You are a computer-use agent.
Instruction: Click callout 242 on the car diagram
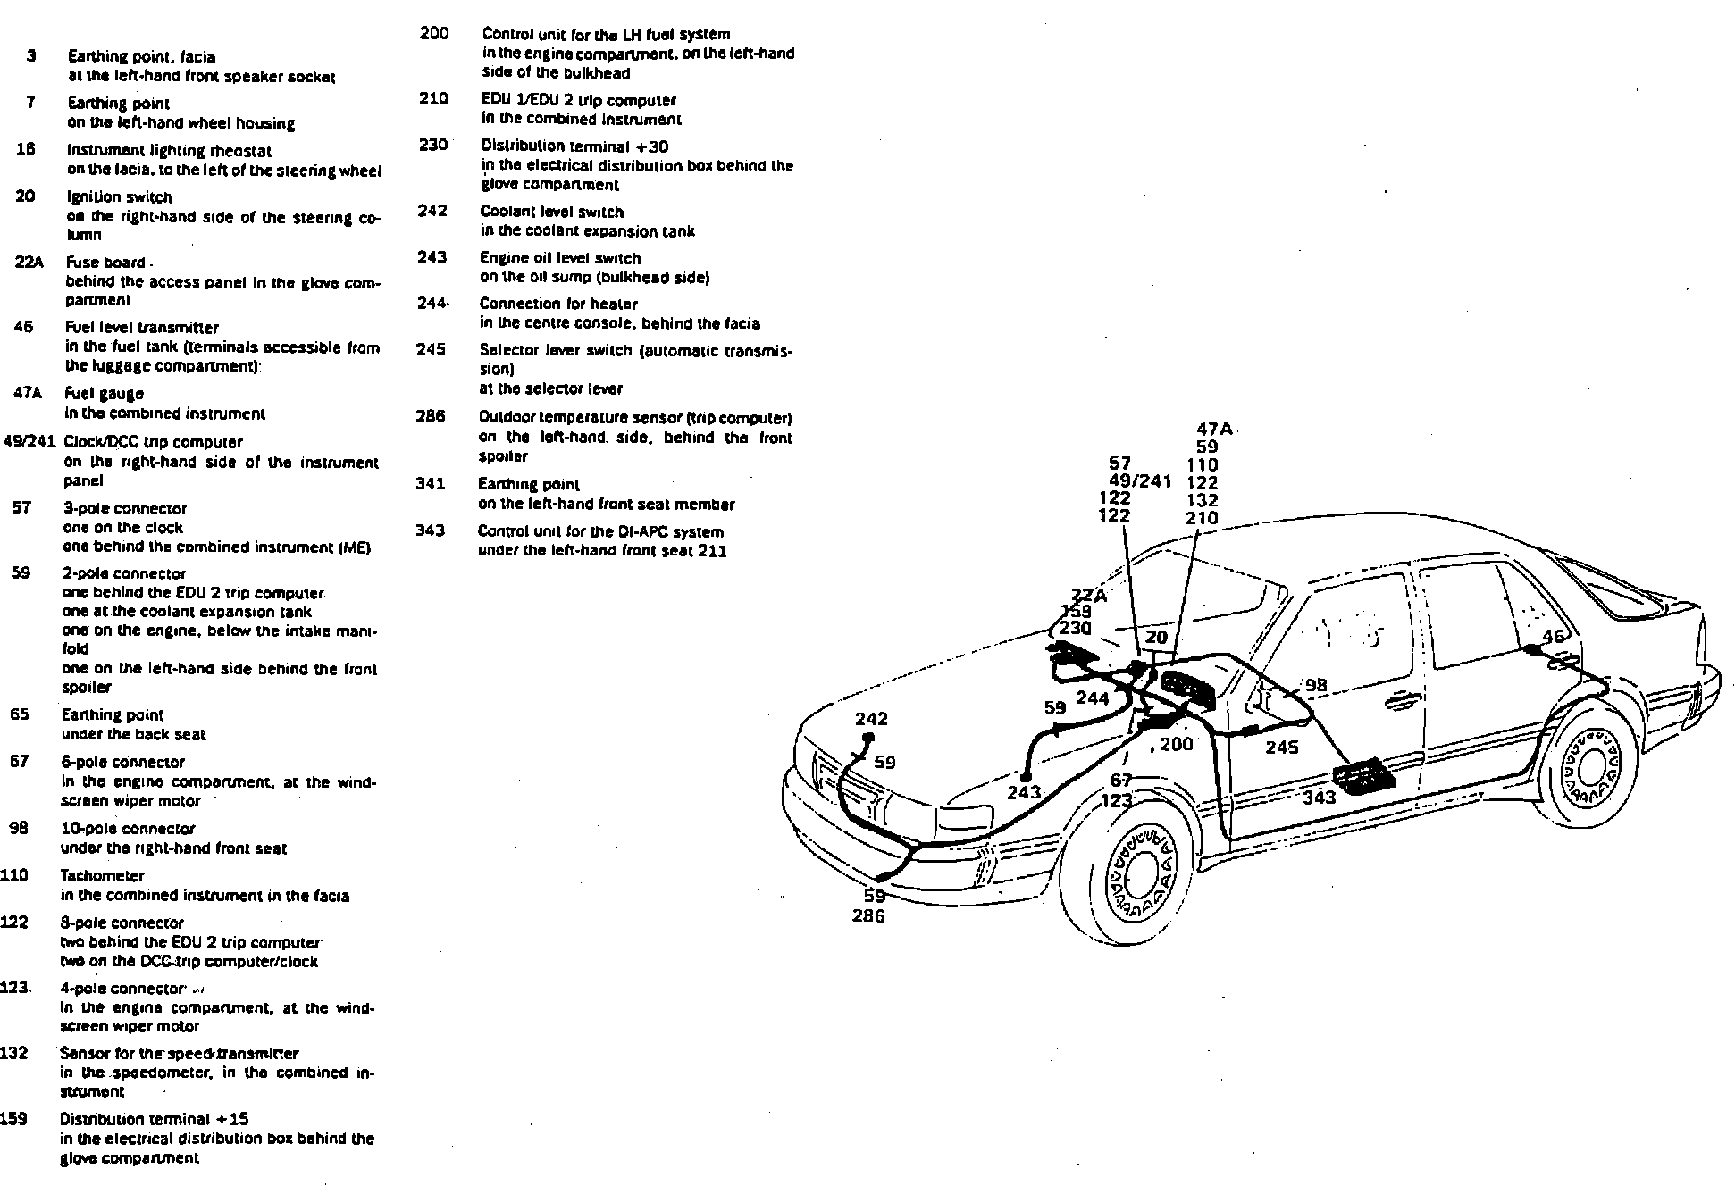click(x=871, y=719)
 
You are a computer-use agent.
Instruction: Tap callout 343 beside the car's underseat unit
click(x=1319, y=798)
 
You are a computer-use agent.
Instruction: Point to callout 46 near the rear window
click(x=1554, y=636)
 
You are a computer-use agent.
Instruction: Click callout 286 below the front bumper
click(x=867, y=916)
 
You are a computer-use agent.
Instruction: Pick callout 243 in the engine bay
click(x=1024, y=792)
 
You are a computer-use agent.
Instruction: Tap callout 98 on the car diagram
click(x=1316, y=685)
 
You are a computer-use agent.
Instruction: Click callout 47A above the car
click(x=1213, y=430)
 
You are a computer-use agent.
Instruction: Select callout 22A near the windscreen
click(x=1088, y=596)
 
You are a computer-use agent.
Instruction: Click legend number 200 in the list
click(x=433, y=34)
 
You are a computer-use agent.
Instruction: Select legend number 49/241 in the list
click(x=29, y=441)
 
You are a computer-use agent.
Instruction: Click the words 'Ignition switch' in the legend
click(x=119, y=196)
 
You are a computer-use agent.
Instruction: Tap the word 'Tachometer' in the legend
click(x=102, y=875)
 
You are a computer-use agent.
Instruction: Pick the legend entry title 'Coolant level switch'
click(x=551, y=212)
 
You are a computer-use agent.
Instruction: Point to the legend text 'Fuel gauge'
click(x=104, y=393)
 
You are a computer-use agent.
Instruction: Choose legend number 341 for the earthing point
click(x=430, y=484)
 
